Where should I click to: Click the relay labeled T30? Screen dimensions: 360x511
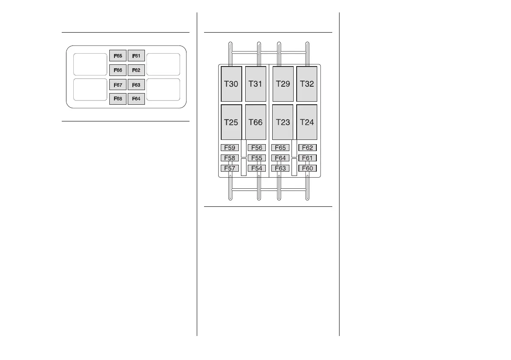click(231, 84)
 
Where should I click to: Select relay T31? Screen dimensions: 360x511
click(255, 84)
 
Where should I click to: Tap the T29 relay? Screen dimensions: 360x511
click(283, 84)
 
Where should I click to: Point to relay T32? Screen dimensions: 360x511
click(307, 84)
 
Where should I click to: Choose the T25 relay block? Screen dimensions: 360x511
click(231, 122)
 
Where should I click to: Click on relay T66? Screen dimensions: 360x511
click(255, 122)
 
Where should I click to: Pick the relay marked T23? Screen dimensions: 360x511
click(283, 122)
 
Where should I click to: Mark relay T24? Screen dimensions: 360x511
click(307, 122)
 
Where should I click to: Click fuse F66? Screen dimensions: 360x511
click(118, 70)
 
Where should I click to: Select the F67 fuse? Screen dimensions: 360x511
click(118, 85)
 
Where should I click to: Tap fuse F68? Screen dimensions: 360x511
click(118, 99)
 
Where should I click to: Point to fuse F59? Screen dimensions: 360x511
click(230, 148)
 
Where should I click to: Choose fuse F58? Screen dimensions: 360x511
click(230, 158)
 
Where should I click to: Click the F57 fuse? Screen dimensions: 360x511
click(230, 168)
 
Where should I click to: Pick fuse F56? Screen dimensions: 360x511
click(256, 148)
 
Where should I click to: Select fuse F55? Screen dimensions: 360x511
click(256, 158)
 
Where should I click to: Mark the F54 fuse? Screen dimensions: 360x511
click(256, 168)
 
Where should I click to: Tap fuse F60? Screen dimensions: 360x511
click(307, 168)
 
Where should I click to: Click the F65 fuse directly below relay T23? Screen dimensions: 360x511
click(280, 148)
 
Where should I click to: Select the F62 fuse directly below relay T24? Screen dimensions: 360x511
click(307, 148)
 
